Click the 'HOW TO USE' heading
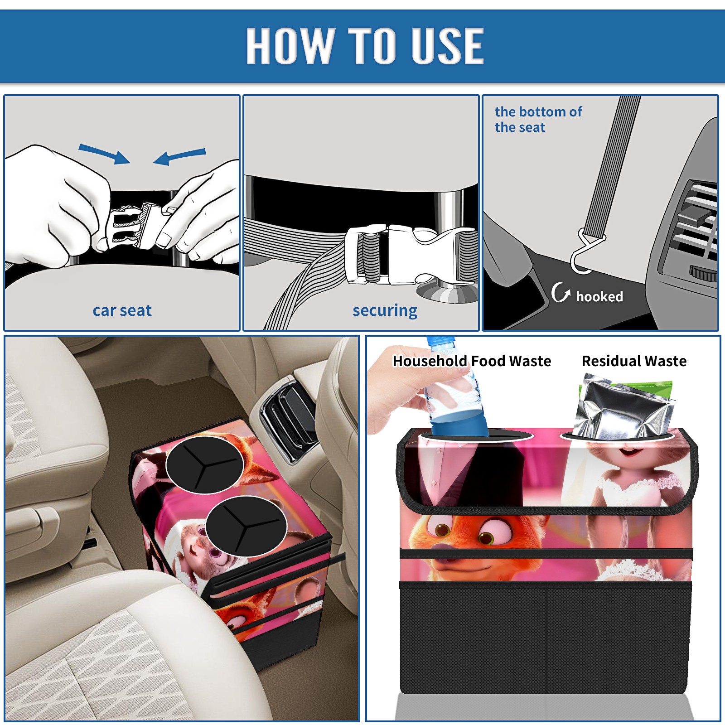(365, 45)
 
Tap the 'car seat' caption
(122, 310)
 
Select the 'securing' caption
(385, 311)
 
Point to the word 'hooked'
(599, 296)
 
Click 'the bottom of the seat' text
(538, 119)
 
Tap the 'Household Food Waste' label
(472, 361)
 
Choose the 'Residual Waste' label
(634, 361)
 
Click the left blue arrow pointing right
(105, 154)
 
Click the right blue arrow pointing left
(179, 156)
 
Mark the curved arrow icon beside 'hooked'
(560, 293)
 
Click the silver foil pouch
(623, 408)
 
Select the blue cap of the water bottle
(440, 341)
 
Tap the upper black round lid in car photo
(205, 465)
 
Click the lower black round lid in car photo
(246, 526)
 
